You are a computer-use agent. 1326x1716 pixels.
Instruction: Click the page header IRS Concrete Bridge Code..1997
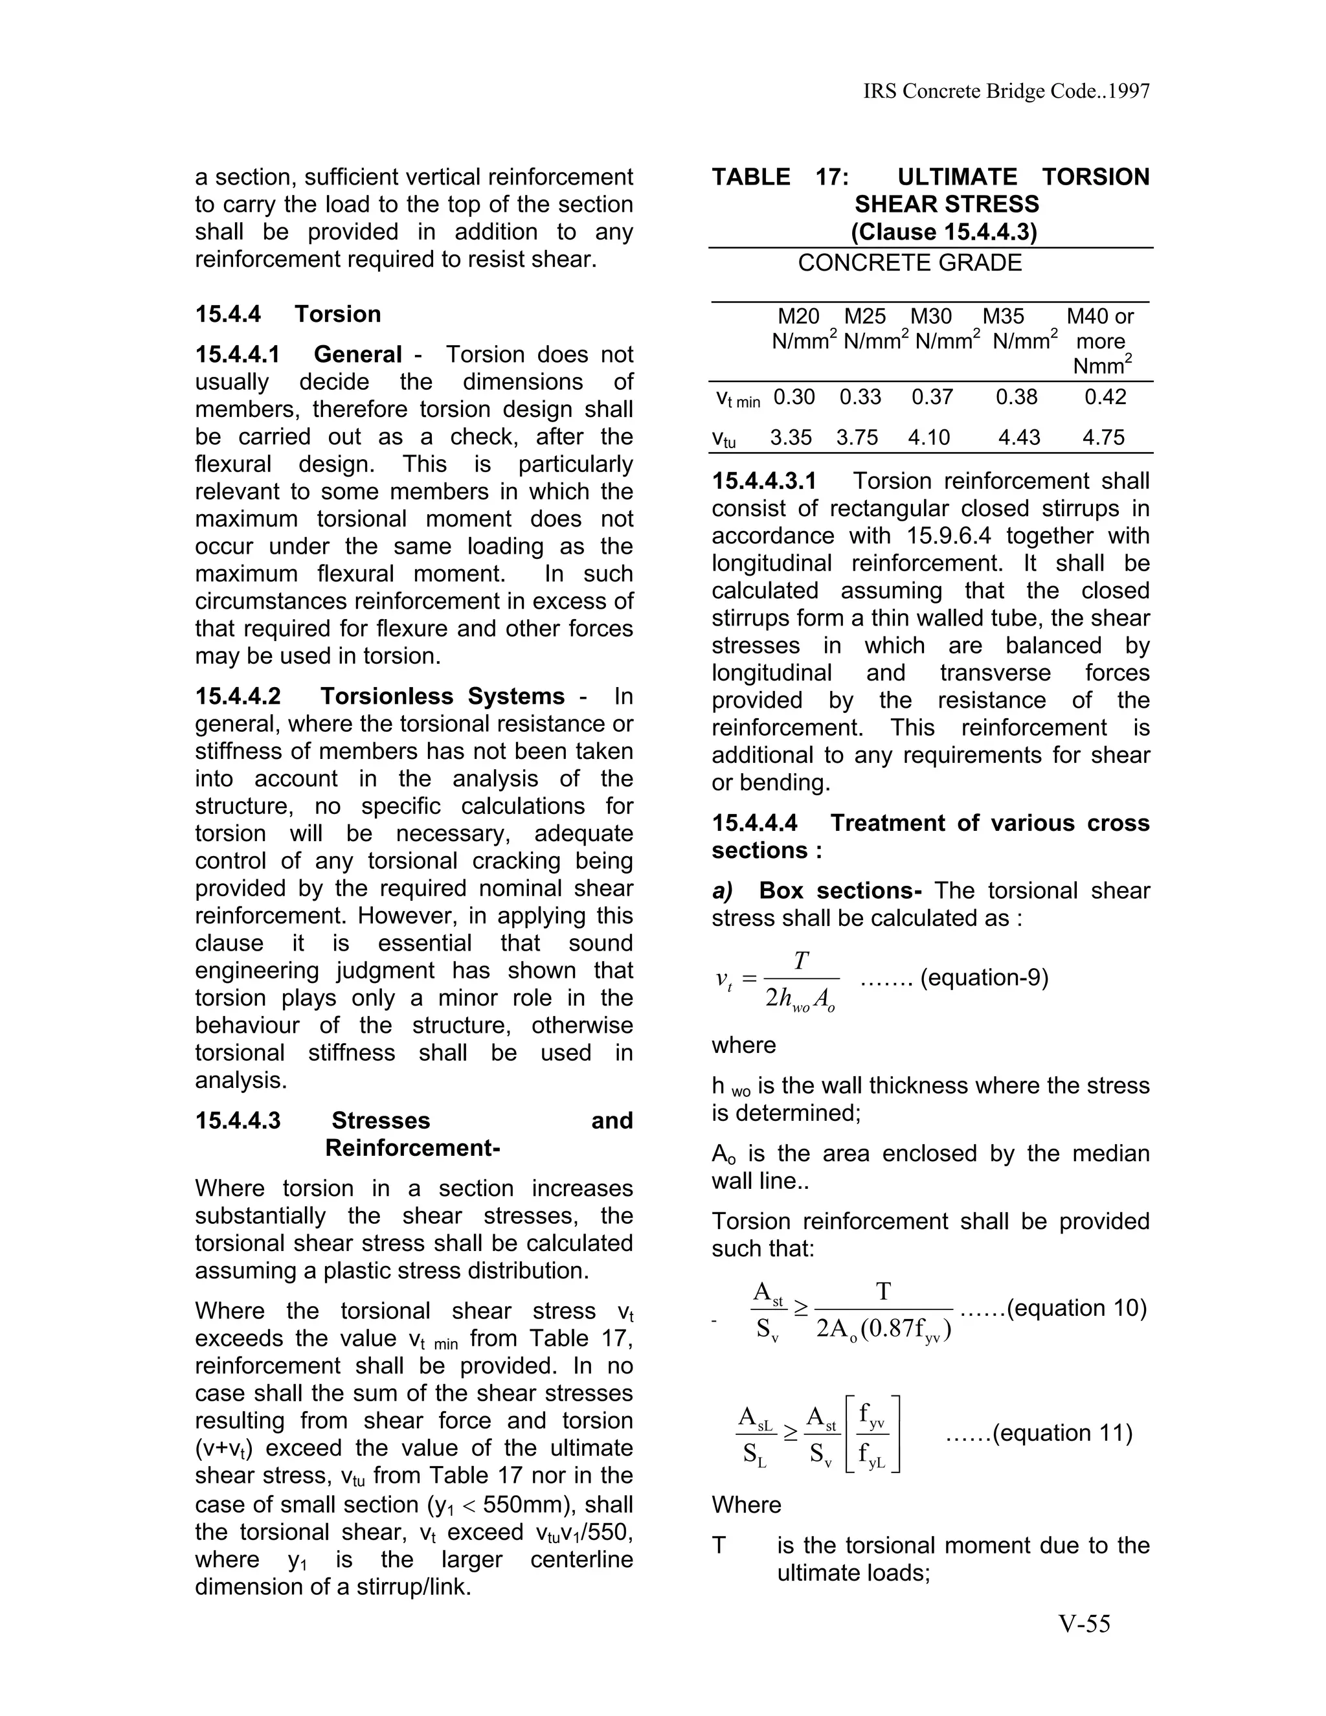[x=1006, y=92]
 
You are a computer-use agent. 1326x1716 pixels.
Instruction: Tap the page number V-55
[x=1085, y=1624]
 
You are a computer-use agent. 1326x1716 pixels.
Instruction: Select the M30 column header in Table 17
[x=931, y=317]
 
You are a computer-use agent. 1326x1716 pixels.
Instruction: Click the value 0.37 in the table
[x=932, y=397]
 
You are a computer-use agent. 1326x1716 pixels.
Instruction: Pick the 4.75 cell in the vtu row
[x=1104, y=437]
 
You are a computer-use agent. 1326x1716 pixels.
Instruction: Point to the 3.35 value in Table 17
[x=791, y=437]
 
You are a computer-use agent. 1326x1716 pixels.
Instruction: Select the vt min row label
[x=737, y=398]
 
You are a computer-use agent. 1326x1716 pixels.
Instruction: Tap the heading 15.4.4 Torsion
[x=287, y=314]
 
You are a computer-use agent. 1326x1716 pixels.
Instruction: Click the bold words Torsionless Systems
[x=442, y=696]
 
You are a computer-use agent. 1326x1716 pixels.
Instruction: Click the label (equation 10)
[x=1076, y=1308]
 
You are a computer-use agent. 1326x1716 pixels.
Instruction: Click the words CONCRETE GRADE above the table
[x=910, y=262]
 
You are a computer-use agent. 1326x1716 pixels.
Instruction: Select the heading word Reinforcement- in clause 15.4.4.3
[x=412, y=1148]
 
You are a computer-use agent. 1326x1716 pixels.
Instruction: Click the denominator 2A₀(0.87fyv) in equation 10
[x=884, y=1329]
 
